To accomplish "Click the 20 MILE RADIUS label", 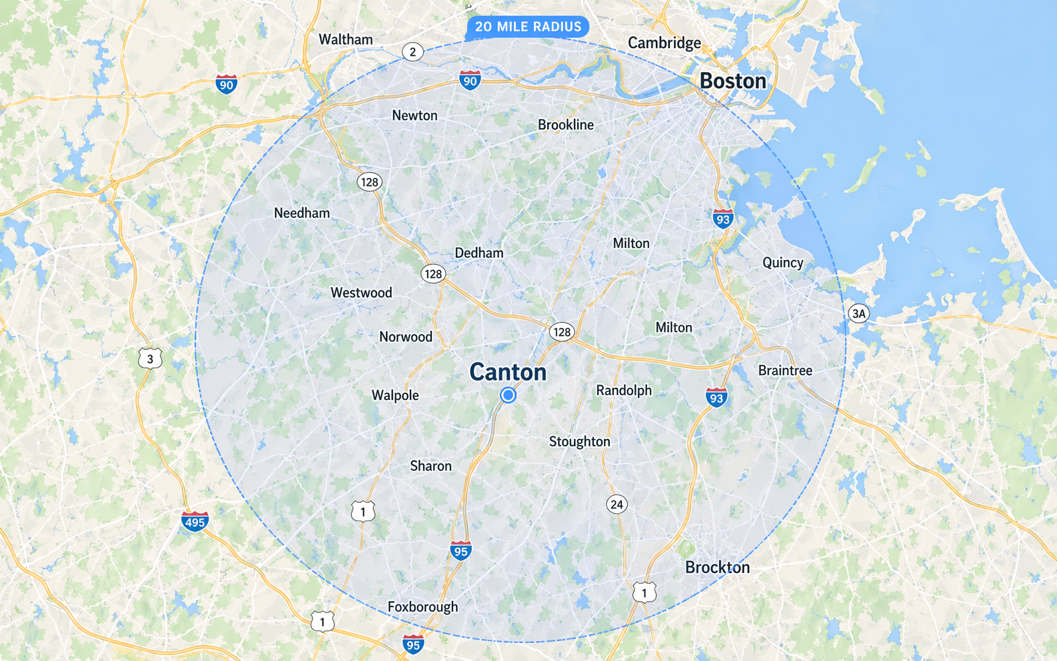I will pyautogui.click(x=528, y=27).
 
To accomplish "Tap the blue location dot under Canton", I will pyautogui.click(x=508, y=395).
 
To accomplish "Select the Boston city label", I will pyautogui.click(x=732, y=81).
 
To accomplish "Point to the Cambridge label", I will pyautogui.click(x=664, y=43).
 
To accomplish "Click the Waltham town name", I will pyautogui.click(x=345, y=39).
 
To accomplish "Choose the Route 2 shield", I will pyautogui.click(x=413, y=51).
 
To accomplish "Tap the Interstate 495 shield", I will pyautogui.click(x=195, y=520).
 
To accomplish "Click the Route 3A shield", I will pyautogui.click(x=858, y=313).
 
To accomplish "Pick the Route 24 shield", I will pyautogui.click(x=616, y=504).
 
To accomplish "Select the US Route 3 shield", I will pyautogui.click(x=150, y=358).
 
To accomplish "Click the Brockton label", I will pyautogui.click(x=717, y=567).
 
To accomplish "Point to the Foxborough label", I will pyautogui.click(x=423, y=606).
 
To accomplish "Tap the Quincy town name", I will pyautogui.click(x=782, y=263).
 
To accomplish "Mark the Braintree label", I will pyautogui.click(x=785, y=370).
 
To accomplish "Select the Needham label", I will pyautogui.click(x=302, y=213).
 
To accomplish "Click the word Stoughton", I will pyautogui.click(x=579, y=441).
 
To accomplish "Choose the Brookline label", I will pyautogui.click(x=565, y=125).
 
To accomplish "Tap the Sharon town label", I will pyautogui.click(x=431, y=466).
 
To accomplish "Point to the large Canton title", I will pyautogui.click(x=508, y=372).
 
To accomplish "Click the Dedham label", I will pyautogui.click(x=479, y=253).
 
